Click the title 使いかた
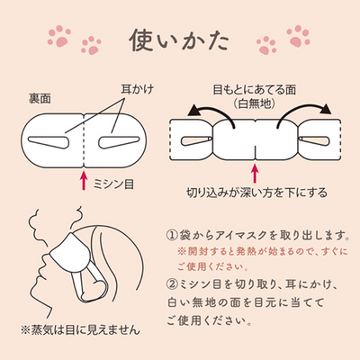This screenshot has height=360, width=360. pyautogui.click(x=179, y=40)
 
